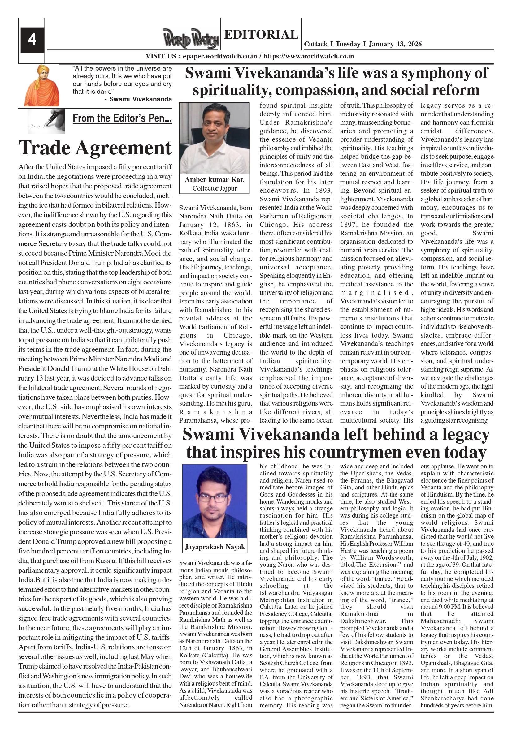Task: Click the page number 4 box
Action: (32, 40)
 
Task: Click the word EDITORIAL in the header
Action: (261, 34)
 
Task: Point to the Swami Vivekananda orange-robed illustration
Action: (41, 85)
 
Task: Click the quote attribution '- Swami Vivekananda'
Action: (138, 99)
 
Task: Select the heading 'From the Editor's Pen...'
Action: (122, 118)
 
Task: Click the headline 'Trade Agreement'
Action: (95, 148)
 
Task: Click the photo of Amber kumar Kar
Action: (214, 138)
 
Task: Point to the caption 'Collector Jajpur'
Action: (215, 188)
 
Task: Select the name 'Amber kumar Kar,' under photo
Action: (215, 179)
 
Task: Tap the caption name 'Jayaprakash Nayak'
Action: (215, 547)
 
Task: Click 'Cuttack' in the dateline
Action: (316, 44)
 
